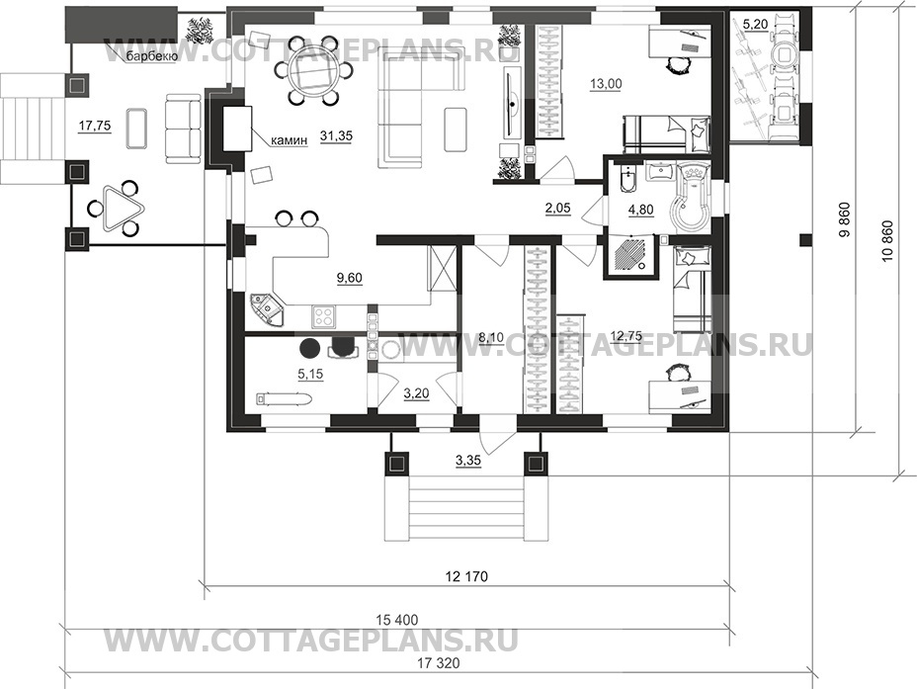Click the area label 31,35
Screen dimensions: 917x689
click(x=336, y=135)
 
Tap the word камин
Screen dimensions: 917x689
click(x=289, y=141)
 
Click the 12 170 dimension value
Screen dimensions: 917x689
click(x=466, y=576)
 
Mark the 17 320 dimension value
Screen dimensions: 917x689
click(x=439, y=663)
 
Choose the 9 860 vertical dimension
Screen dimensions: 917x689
click(x=844, y=221)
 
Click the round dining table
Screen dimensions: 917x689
click(x=312, y=71)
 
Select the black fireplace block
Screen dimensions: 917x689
click(x=237, y=129)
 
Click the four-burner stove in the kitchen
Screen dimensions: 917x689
click(x=323, y=316)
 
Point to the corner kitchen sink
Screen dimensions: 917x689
click(x=266, y=308)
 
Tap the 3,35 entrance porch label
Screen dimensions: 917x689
click(x=467, y=460)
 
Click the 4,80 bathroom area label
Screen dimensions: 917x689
click(x=640, y=209)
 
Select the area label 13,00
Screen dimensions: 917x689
click(x=606, y=84)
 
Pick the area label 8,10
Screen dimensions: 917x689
click(x=491, y=337)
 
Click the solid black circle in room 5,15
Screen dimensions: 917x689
click(x=309, y=348)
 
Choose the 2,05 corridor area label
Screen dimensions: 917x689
click(x=557, y=208)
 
